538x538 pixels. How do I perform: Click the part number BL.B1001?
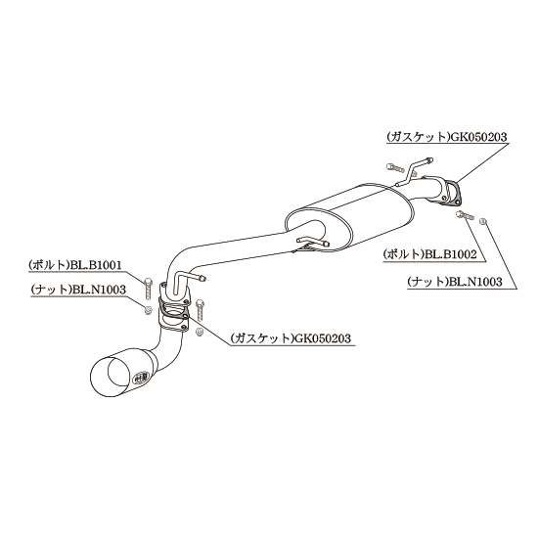click(96, 265)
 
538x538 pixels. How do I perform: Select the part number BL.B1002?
click(451, 254)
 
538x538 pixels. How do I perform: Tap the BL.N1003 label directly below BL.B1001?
click(99, 290)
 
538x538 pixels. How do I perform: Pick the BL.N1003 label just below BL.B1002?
click(475, 282)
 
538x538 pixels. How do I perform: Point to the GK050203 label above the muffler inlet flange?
click(478, 137)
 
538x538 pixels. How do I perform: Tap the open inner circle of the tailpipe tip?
click(119, 375)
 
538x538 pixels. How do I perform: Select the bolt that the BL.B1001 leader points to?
click(148, 289)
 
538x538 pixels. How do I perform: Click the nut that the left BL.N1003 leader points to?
click(148, 309)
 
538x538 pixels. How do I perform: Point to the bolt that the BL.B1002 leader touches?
click(465, 215)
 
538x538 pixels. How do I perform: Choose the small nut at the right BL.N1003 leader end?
click(483, 221)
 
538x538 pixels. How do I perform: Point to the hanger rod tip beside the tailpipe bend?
click(202, 278)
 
